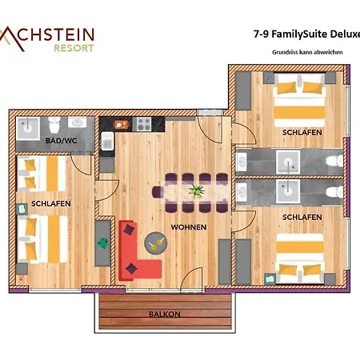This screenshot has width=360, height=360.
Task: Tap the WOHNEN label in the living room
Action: point(188,227)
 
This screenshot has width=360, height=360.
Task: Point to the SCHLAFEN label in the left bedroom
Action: point(51,204)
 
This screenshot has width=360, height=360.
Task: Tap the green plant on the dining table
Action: point(196,191)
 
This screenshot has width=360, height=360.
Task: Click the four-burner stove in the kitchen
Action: point(144,125)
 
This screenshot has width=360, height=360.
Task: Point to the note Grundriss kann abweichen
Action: point(301,52)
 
